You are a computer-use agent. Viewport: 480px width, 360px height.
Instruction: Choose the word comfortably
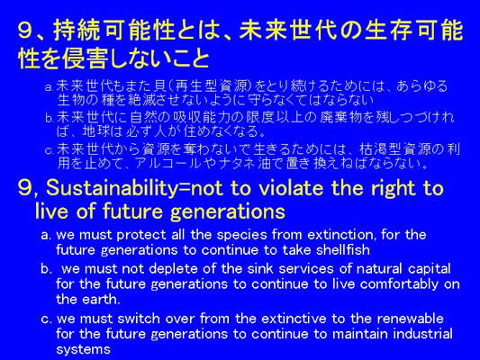tap(399, 284)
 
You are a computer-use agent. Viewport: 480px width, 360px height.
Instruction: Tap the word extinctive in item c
tap(294, 319)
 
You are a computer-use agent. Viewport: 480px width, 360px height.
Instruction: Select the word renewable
tap(410, 319)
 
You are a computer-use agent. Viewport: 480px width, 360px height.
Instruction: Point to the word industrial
tap(422, 334)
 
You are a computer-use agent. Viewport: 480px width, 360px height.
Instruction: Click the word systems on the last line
tap(83, 349)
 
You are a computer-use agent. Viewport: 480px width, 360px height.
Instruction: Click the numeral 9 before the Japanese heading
tap(25, 31)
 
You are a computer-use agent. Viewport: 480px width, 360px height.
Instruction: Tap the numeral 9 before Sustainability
tap(25, 188)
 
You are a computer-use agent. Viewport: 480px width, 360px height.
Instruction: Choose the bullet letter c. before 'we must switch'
tap(47, 319)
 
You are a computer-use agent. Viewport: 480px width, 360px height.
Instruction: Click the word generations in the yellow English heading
tap(228, 211)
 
